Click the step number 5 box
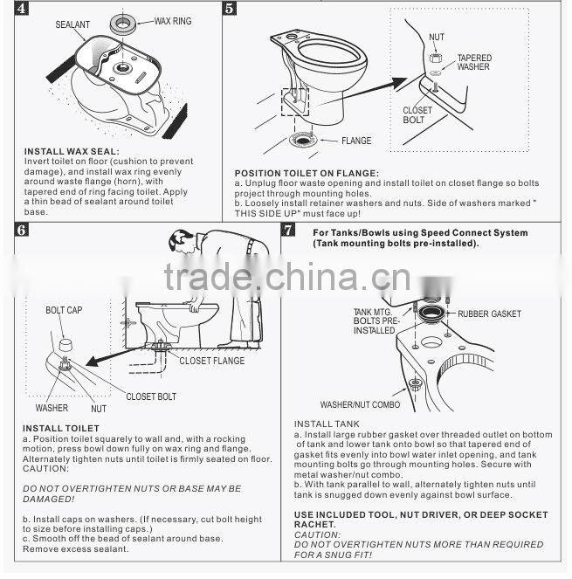[x=230, y=10]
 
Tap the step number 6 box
[x=22, y=231]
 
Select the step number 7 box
[x=287, y=231]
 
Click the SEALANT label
[x=72, y=26]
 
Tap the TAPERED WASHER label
[x=473, y=62]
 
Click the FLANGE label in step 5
[x=356, y=141]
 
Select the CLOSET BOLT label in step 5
[x=417, y=115]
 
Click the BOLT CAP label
[x=65, y=310]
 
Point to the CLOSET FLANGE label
[x=212, y=361]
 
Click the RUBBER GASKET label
[x=489, y=314]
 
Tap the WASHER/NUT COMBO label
[x=359, y=404]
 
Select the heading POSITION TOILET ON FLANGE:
[x=307, y=173]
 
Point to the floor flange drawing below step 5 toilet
[x=306, y=140]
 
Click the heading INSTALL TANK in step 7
[x=326, y=424]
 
